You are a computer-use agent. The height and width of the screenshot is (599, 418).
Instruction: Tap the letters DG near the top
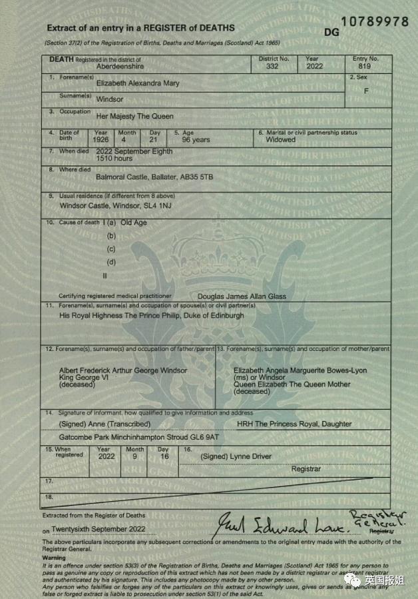click(x=331, y=31)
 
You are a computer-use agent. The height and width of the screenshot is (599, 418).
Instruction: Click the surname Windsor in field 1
click(x=110, y=99)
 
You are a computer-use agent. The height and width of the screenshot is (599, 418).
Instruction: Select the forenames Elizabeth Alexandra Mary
click(x=138, y=83)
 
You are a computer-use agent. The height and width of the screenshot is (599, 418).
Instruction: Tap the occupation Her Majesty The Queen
click(x=135, y=116)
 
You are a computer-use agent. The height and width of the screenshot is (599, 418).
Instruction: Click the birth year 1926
click(x=101, y=140)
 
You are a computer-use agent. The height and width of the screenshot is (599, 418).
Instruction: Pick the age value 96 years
click(x=196, y=140)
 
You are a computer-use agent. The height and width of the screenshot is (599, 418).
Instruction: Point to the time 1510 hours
click(x=114, y=159)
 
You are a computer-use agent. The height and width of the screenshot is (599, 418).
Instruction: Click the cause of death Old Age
click(x=134, y=223)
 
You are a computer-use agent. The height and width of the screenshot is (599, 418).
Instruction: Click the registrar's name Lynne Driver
click(x=250, y=456)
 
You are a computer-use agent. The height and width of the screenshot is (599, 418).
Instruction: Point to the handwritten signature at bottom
click(x=280, y=525)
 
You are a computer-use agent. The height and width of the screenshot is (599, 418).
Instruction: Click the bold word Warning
click(x=54, y=558)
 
